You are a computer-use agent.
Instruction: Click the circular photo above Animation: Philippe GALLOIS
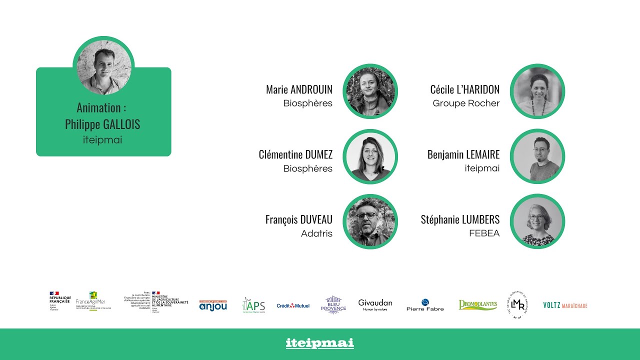(104, 67)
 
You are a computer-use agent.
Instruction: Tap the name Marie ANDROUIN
(299, 89)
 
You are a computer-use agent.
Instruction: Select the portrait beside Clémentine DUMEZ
(370, 156)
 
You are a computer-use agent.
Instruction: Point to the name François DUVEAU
(298, 219)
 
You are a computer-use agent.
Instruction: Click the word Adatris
(316, 233)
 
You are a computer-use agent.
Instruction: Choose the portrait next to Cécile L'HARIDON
(537, 91)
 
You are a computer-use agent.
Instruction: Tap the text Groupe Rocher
(466, 103)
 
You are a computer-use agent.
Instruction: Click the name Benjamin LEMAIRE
(463, 154)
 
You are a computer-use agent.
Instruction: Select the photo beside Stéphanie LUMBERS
(537, 221)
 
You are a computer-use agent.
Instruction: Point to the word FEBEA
(484, 233)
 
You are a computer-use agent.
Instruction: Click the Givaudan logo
(375, 305)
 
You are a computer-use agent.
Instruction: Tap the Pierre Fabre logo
(425, 305)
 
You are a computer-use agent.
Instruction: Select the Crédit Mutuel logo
(293, 305)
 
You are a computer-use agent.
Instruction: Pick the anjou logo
(213, 305)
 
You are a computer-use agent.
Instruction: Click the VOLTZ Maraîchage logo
(565, 305)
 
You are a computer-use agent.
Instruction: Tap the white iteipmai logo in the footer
(319, 343)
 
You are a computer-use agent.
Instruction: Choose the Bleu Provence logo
(333, 304)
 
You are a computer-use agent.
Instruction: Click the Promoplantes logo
(478, 305)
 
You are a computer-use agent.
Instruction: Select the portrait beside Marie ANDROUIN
(370, 91)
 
